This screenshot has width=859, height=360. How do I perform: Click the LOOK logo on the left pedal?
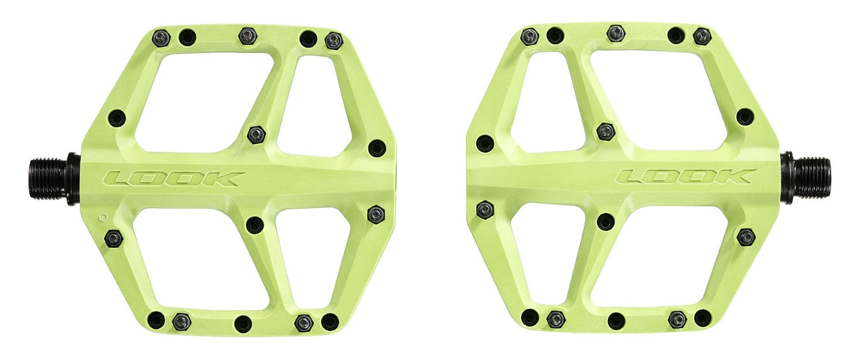point(175,178)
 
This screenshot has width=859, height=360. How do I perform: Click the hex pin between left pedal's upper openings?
point(256,135)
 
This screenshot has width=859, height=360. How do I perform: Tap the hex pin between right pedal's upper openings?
point(605,131)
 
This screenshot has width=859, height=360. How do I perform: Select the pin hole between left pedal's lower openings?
point(256,224)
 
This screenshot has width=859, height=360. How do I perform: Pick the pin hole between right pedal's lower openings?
point(606,221)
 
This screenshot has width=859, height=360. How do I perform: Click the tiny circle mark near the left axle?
point(103,216)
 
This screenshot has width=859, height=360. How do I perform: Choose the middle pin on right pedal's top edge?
point(616,32)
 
